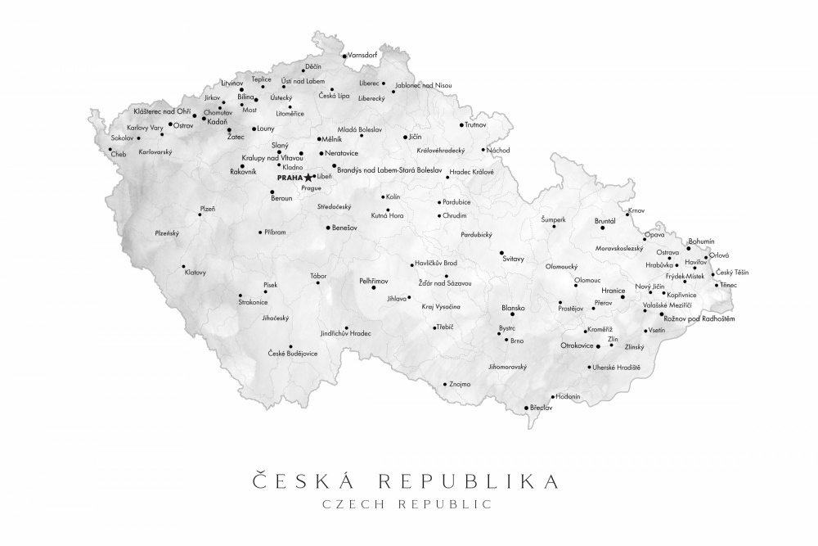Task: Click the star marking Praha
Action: tap(308, 177)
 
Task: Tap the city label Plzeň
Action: tap(208, 209)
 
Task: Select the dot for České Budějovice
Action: tap(290, 346)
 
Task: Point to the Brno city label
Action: tap(517, 341)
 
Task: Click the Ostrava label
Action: tap(667, 252)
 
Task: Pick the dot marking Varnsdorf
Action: tap(344, 56)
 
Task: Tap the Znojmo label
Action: tap(461, 383)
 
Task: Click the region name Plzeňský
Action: tap(167, 232)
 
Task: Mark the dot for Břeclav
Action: tap(526, 408)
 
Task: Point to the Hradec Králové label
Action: tap(472, 172)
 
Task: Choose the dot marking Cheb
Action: tap(110, 149)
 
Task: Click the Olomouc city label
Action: tap(587, 280)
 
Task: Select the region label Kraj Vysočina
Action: tap(441, 306)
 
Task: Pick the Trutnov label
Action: tap(475, 125)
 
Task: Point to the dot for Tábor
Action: tap(318, 283)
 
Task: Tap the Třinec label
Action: tap(728, 285)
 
